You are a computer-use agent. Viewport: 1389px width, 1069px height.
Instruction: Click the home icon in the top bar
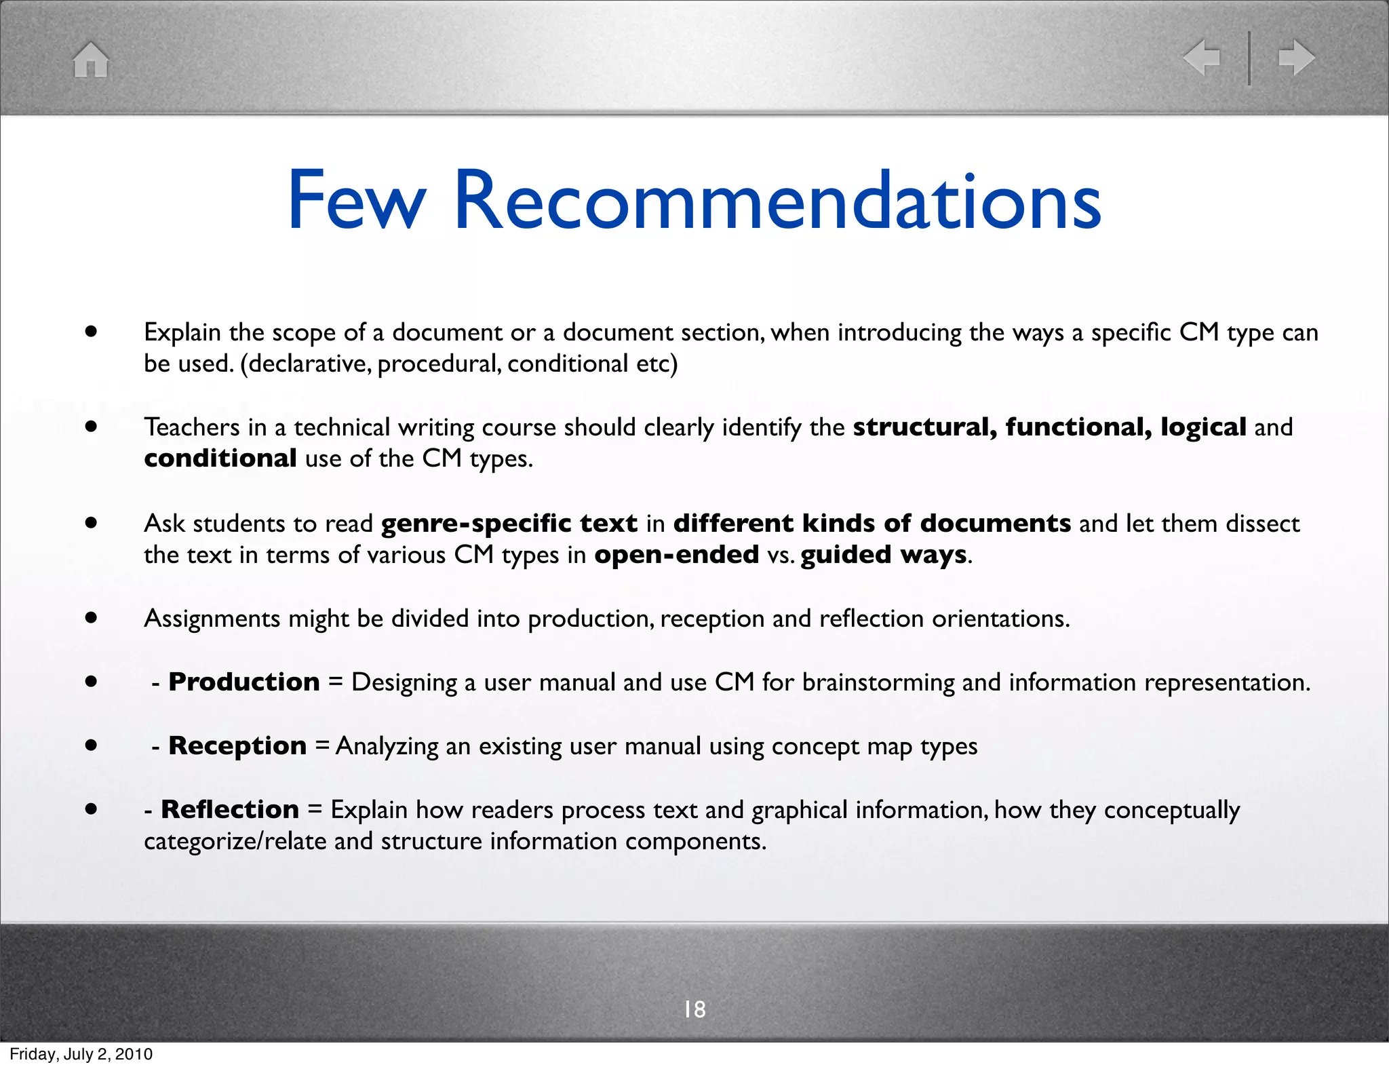tap(91, 60)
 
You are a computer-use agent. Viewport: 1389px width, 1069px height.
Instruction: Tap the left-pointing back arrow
tap(1201, 58)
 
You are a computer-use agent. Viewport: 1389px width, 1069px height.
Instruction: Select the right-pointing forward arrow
tap(1296, 58)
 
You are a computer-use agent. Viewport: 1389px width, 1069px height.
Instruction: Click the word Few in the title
tap(356, 201)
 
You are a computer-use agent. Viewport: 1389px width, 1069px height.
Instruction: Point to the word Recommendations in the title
tap(777, 201)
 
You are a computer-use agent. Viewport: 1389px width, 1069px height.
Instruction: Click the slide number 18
tap(694, 1009)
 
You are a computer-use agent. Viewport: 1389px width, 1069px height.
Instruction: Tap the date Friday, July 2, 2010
tap(81, 1054)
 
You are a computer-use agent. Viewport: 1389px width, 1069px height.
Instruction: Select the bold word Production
tap(244, 682)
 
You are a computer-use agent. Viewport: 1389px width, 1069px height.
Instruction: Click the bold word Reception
tap(237, 745)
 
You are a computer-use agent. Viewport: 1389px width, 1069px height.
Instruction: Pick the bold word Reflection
tap(230, 809)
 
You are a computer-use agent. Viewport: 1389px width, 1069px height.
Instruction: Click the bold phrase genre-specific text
tap(509, 524)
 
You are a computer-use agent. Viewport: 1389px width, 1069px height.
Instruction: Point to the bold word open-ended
tap(676, 555)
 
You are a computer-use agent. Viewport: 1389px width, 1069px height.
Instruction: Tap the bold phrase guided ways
tap(884, 555)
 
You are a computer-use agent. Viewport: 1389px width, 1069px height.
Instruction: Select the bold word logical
tap(1203, 427)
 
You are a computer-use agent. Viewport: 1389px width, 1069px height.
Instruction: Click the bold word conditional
tap(220, 459)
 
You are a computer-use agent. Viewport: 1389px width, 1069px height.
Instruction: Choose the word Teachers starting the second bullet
tap(192, 427)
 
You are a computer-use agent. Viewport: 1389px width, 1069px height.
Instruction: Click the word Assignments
tap(212, 619)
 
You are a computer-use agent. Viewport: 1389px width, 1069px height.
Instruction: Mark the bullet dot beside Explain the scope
tap(91, 332)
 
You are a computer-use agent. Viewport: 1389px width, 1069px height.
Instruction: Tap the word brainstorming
tap(878, 682)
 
